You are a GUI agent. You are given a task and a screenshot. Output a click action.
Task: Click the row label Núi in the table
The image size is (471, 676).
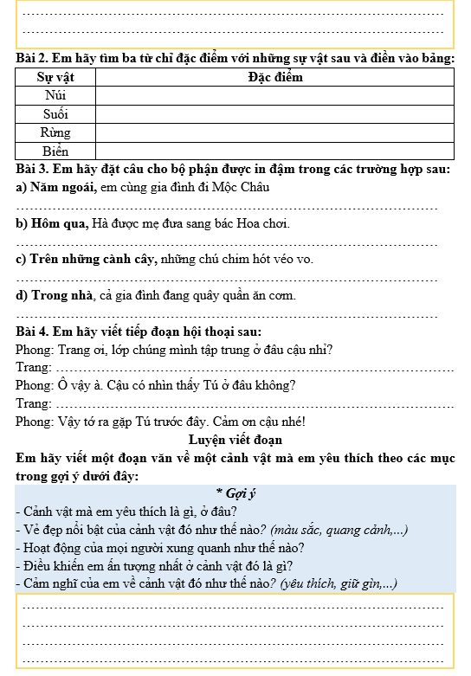[55, 95]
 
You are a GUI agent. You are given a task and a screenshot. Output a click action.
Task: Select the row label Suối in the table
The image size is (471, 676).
[55, 114]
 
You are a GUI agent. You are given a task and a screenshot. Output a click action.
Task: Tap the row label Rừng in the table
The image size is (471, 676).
[55, 133]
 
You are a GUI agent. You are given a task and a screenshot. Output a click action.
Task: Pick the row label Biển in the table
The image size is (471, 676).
[55, 151]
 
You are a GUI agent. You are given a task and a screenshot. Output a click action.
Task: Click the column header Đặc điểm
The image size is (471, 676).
[274, 77]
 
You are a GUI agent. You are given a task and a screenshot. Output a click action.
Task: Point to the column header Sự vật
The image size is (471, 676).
[55, 77]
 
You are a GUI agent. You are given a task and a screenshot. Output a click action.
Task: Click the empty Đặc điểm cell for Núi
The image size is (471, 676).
[274, 95]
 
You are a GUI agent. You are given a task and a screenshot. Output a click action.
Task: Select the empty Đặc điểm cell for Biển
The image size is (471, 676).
[274, 151]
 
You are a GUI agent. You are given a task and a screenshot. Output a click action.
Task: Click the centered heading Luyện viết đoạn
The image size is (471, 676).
[235, 440]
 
